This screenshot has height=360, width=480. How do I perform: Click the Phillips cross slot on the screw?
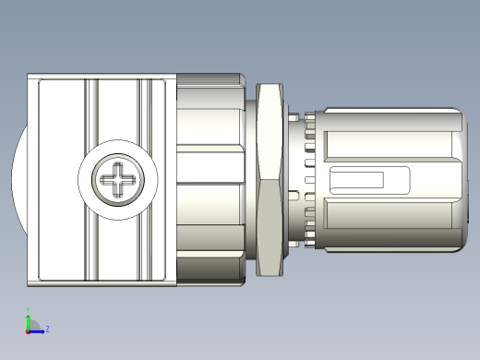[120, 180]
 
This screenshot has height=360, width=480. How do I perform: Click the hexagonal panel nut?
[270, 180]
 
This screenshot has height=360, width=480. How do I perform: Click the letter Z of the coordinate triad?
[47, 329]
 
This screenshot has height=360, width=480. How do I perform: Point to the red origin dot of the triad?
[29, 330]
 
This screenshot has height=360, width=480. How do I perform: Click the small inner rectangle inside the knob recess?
[357, 180]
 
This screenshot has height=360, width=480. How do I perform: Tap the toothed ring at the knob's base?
[308, 180]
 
